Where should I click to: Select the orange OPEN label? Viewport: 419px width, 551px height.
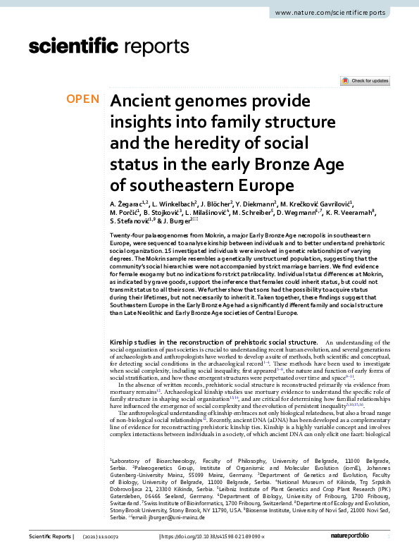84,99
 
